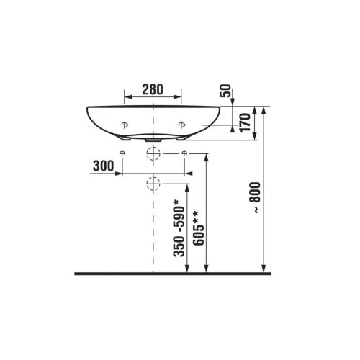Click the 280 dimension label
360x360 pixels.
pyautogui.click(x=153, y=89)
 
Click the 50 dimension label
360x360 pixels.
pyautogui.click(x=225, y=91)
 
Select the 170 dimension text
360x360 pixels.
pyautogui.click(x=245, y=123)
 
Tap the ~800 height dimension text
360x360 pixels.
pyautogui.click(x=255, y=197)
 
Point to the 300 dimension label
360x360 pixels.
pyautogui.click(x=104, y=166)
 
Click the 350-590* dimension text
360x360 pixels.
pyautogui.click(x=179, y=228)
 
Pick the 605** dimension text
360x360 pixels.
pyautogui.click(x=199, y=228)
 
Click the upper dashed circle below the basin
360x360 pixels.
pyautogui.click(x=153, y=153)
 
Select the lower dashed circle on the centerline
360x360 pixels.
pyautogui.click(x=153, y=184)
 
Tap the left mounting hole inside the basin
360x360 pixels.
pyautogui.click(x=124, y=125)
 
